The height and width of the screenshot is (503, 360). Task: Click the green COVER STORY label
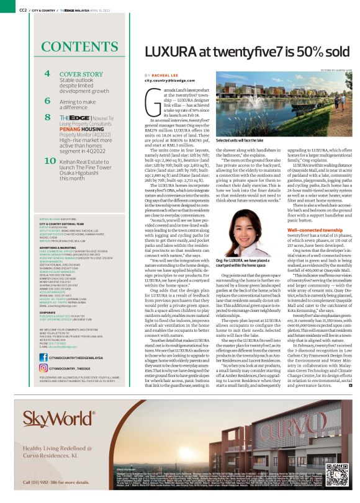81,74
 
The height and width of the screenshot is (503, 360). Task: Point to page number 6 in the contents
48,100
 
